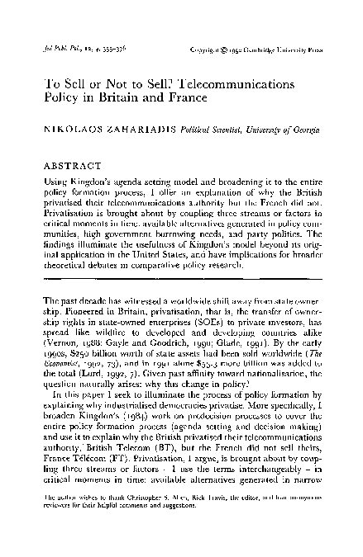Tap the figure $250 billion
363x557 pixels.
point(96,347)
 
